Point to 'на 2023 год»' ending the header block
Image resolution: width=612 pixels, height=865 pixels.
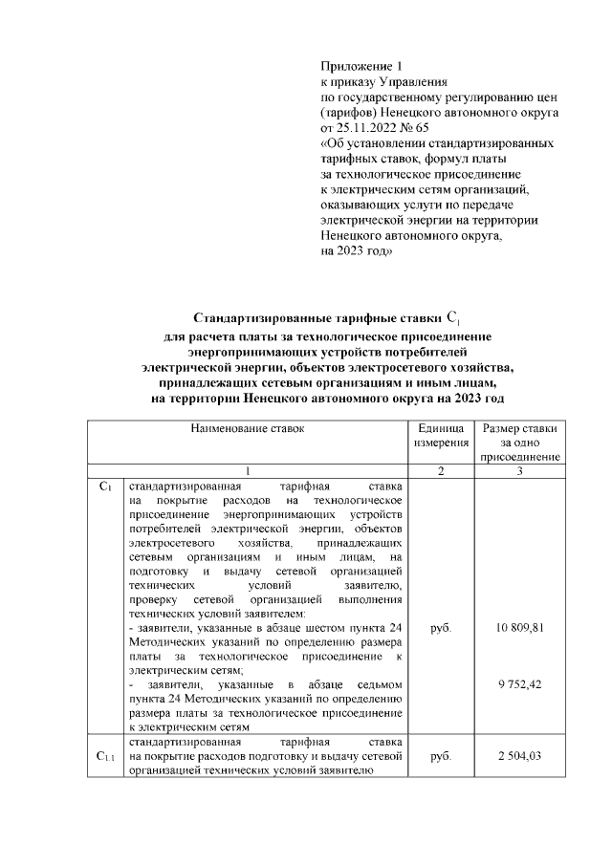pos(356,250)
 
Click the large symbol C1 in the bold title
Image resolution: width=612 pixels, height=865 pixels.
pos(453,317)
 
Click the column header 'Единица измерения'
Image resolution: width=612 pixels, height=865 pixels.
pos(441,437)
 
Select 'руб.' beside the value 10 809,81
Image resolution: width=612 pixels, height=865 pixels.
pos(441,628)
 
